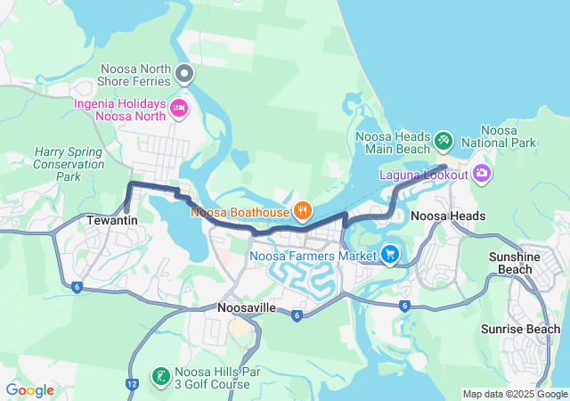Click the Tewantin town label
point(111,218)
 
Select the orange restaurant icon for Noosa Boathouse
point(303,210)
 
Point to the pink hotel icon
point(178,109)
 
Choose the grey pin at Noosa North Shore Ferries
point(184,73)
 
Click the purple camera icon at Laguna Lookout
point(482,173)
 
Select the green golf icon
point(160,377)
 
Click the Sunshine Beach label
point(515,263)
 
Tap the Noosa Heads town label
point(448,217)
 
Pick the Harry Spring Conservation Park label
point(69,165)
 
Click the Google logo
point(29,389)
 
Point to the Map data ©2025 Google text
point(515,394)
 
